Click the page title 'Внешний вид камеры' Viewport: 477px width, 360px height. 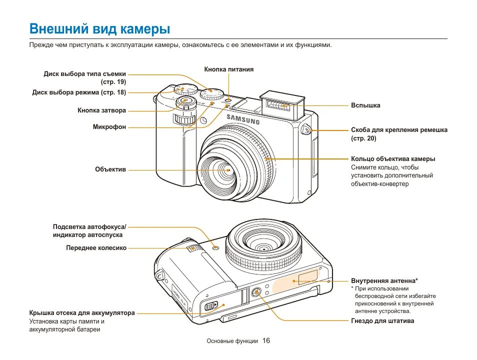[99, 29]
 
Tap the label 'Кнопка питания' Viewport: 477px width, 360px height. [228, 69]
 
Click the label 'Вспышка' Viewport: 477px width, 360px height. [365, 105]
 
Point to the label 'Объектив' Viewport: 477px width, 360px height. [110, 169]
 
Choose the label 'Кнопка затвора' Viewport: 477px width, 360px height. [101, 110]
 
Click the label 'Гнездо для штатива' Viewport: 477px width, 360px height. [382, 321]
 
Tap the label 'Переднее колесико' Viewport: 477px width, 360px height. [96, 247]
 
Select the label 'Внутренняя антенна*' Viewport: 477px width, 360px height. [384, 281]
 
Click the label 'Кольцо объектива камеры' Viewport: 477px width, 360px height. [393, 159]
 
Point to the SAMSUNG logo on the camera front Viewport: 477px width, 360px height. [243, 119]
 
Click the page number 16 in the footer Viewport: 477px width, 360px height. [266, 340]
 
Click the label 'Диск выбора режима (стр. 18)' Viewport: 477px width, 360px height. [79, 92]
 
